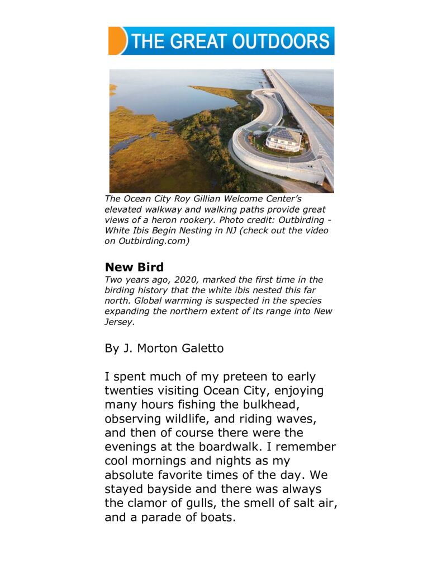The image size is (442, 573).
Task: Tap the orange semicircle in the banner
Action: (116, 41)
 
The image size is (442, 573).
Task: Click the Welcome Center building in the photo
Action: (283, 138)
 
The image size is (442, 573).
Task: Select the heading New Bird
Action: (134, 267)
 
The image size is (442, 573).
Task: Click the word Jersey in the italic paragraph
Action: (119, 322)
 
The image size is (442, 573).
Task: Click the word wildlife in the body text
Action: (183, 419)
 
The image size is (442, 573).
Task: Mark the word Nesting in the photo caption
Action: (189, 231)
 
